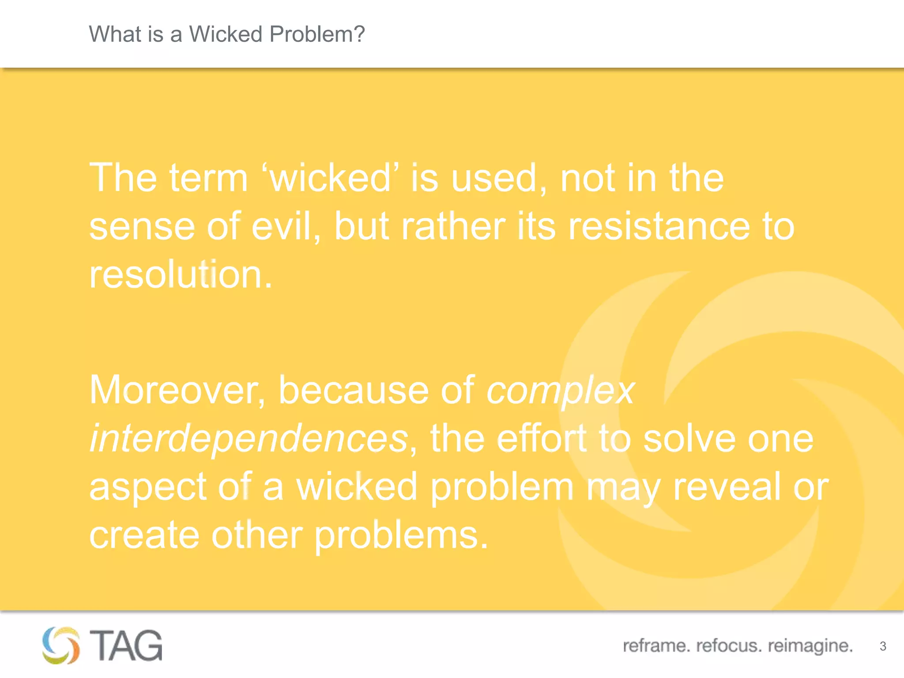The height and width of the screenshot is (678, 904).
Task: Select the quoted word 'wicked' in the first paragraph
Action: click(x=330, y=178)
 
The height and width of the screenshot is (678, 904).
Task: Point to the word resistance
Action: click(x=659, y=226)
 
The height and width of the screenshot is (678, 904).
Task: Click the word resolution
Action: click(x=181, y=275)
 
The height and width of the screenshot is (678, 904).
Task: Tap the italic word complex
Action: click(x=560, y=390)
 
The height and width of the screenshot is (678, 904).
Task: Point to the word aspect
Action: click(x=148, y=487)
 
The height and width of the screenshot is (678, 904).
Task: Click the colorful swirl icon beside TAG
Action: click(x=61, y=645)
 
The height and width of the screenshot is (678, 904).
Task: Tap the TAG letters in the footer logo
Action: click(x=126, y=645)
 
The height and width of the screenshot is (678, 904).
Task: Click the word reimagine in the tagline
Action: click(x=810, y=646)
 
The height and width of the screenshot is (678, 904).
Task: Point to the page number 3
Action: click(x=883, y=646)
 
